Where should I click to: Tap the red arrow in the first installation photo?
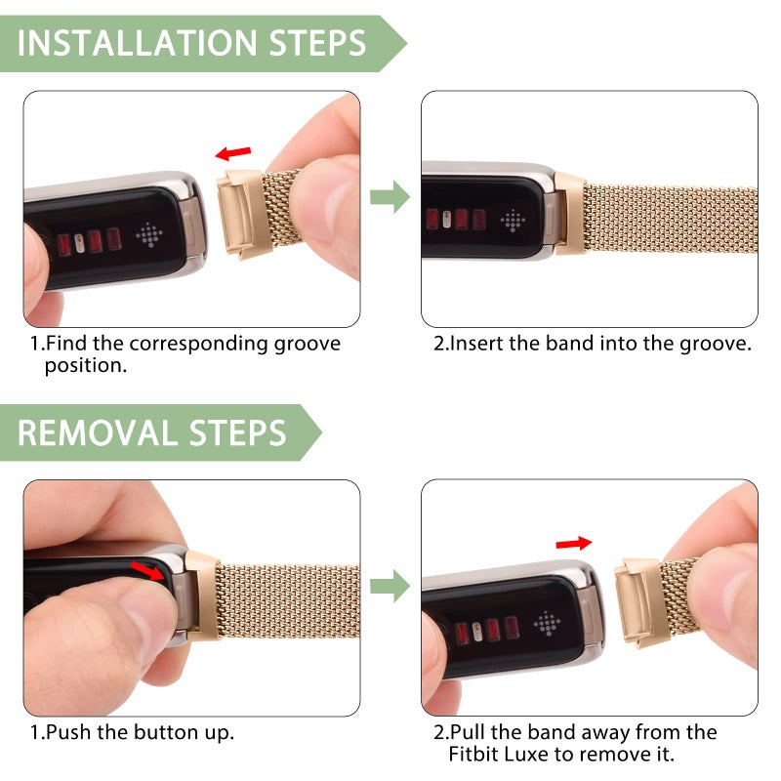[233, 153]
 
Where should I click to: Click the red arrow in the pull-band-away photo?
[573, 542]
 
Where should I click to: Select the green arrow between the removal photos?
[390, 586]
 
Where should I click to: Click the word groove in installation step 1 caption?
[302, 344]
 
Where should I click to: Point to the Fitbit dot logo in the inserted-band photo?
[513, 219]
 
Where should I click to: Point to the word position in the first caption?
[85, 366]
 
